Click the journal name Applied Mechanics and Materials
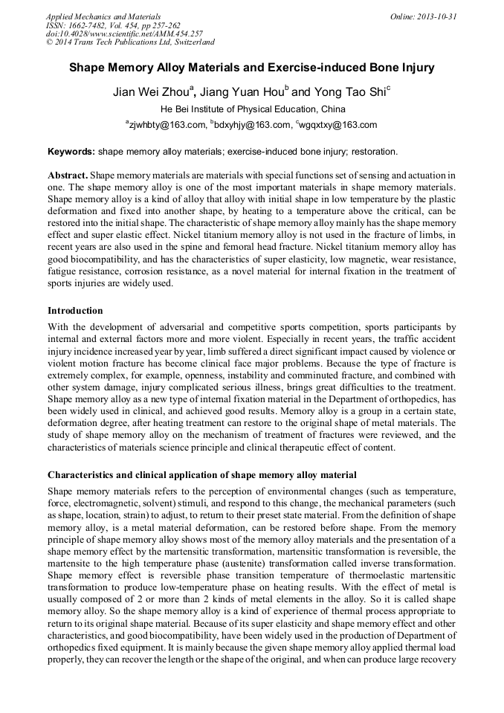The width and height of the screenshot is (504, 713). pyautogui.click(x=103, y=16)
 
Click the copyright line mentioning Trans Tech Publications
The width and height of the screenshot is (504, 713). pyautogui.click(x=130, y=42)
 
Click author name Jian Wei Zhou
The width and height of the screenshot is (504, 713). pyautogui.click(x=152, y=93)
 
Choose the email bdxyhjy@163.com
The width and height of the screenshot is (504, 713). pyautogui.click(x=252, y=125)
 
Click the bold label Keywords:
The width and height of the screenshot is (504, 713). pyautogui.click(x=71, y=151)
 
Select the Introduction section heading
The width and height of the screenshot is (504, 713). pyautogui.click(x=75, y=310)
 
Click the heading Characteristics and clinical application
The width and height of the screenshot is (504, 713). pyautogui.click(x=202, y=474)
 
